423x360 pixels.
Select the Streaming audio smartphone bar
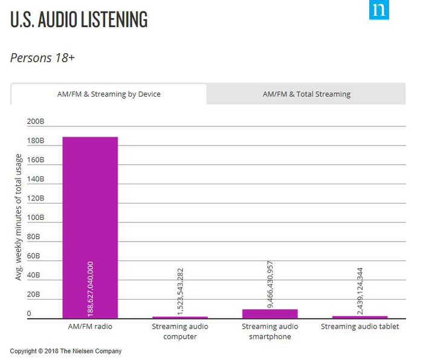click(x=270, y=313)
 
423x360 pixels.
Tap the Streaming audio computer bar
click(x=180, y=317)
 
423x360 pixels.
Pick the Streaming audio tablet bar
click(x=360, y=317)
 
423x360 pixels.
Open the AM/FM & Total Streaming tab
click(x=306, y=94)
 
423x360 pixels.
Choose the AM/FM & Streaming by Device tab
click(x=109, y=94)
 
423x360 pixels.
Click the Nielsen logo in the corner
click(x=379, y=10)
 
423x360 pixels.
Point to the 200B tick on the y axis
click(x=36, y=121)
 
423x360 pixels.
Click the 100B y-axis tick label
click(x=36, y=217)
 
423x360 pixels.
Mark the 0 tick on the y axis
click(x=29, y=313)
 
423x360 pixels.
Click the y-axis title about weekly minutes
click(x=19, y=217)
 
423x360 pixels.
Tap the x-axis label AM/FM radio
click(x=90, y=327)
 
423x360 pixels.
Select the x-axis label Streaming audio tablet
click(x=360, y=327)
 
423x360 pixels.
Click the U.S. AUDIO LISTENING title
click(x=79, y=19)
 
